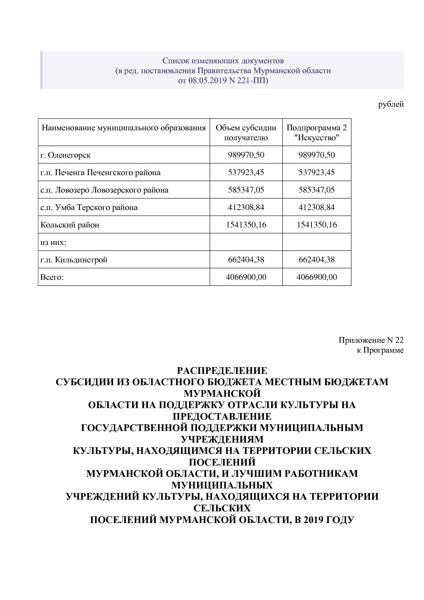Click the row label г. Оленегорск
tap(65, 155)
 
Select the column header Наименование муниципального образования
tap(123, 128)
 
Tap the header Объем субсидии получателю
tap(246, 133)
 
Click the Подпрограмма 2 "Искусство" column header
tap(316, 133)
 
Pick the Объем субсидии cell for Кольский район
tap(246, 225)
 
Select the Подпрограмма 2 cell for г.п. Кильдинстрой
tap(316, 260)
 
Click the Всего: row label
tap(52, 277)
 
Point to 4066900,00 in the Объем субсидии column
tap(246, 277)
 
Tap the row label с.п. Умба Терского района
tap(89, 207)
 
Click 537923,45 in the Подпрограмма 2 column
tap(316, 172)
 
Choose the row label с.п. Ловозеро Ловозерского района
tap(104, 190)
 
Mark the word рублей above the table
tap(391, 104)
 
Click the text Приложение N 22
tap(371, 340)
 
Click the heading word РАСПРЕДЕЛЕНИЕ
tap(222, 370)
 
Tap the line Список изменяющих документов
tap(223, 61)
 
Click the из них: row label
tap(53, 242)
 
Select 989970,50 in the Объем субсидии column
tap(246, 155)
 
